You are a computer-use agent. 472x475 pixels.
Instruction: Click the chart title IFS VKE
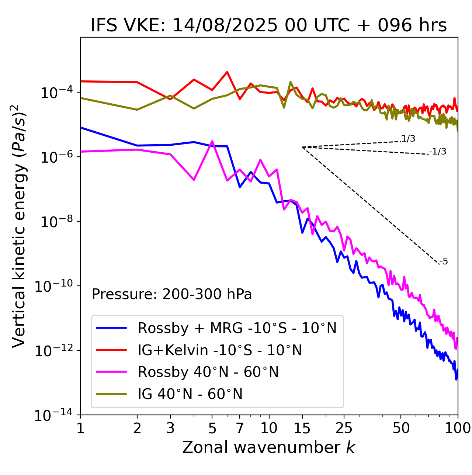(x=269, y=26)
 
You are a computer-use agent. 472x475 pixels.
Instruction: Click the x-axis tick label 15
(x=302, y=428)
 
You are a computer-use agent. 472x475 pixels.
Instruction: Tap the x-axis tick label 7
(x=240, y=428)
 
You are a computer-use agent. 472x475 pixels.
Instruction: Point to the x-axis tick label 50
(x=401, y=428)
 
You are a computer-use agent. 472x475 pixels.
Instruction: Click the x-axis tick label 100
(x=458, y=428)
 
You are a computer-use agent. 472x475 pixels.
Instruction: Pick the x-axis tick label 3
(x=170, y=428)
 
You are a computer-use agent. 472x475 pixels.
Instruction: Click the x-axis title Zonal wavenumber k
(x=269, y=447)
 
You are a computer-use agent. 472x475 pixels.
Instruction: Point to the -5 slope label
(x=444, y=262)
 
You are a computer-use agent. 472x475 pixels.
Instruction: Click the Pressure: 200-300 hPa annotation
(x=172, y=294)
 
